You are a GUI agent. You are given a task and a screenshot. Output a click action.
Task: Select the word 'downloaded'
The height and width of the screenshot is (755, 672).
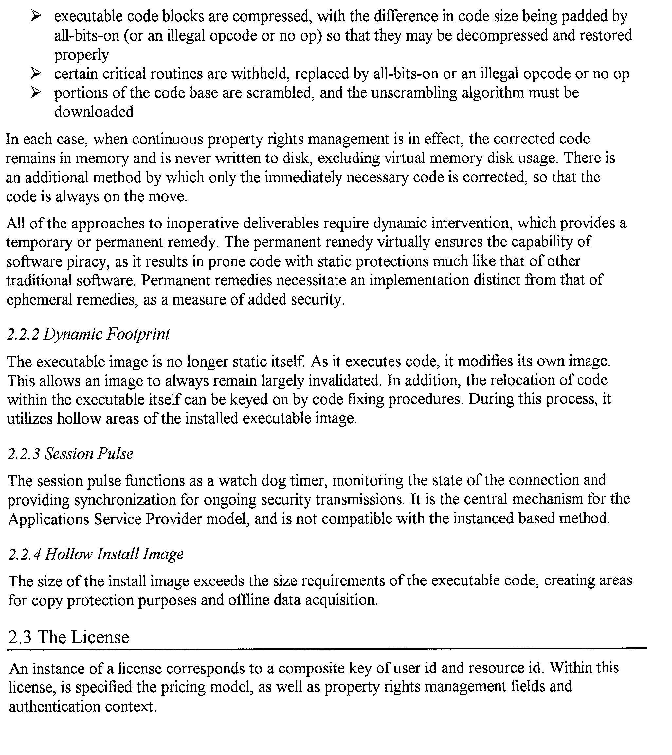[x=94, y=112]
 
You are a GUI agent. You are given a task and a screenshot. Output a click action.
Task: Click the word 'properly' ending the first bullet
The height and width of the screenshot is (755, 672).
[x=82, y=55]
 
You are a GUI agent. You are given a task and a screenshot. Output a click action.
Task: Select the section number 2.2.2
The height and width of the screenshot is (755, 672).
[x=23, y=335]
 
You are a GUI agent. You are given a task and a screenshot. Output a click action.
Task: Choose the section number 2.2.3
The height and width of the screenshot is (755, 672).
[x=24, y=454]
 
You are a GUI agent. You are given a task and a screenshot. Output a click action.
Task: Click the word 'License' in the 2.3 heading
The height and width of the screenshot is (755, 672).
[x=100, y=638]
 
